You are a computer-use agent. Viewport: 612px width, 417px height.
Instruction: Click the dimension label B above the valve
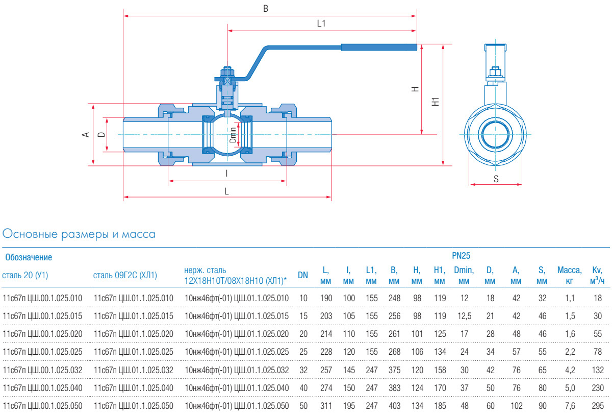coord(265,9)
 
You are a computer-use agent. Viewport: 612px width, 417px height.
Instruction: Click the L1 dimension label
coord(321,23)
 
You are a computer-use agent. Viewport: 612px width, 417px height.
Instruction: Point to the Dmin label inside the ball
coord(233,134)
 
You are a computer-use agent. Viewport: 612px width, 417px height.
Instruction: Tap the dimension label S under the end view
coord(496,179)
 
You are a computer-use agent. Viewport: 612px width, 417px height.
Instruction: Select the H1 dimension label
coord(435,102)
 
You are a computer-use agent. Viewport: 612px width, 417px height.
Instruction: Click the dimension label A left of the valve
coord(86,134)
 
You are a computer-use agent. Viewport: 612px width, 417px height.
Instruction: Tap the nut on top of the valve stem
coord(227,71)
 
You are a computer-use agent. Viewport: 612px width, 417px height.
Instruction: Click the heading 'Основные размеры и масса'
coord(79,234)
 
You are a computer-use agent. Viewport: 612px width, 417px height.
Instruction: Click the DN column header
coord(303,275)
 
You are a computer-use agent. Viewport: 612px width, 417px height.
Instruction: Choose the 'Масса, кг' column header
coord(569,275)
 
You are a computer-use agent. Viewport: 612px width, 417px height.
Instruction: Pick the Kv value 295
coord(598,406)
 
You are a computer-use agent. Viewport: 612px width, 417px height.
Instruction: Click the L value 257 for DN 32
coord(326,370)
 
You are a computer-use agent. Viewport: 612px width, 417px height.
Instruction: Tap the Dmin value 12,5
coord(464,316)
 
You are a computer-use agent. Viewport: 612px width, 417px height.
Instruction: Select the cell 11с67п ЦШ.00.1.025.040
coord(42,388)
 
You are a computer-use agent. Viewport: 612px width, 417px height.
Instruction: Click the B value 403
coord(394,406)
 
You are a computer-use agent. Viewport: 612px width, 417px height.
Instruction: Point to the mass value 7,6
coord(570,406)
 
